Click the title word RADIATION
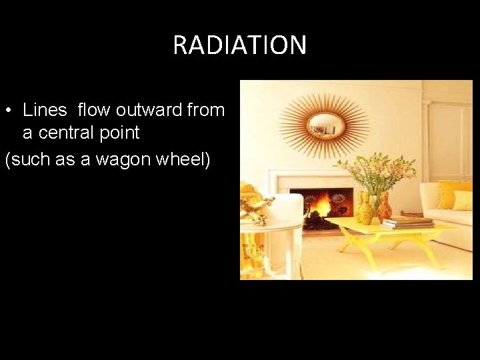239,45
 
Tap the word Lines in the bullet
45,110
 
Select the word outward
147,110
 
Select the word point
121,133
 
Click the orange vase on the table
385,209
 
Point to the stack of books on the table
407,222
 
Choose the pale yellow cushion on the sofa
463,200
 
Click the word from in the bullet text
206,110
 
